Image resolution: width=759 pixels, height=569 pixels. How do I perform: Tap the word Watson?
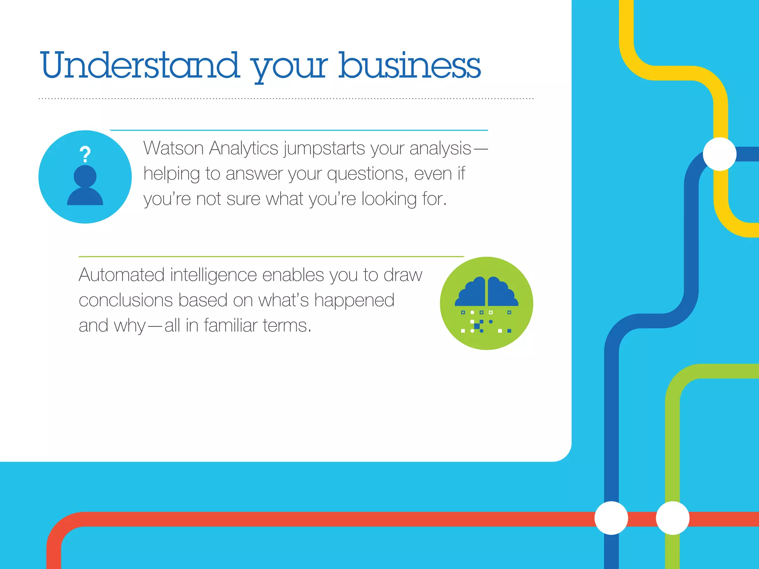pos(173,148)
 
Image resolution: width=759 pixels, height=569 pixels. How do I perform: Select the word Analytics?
pos(243,148)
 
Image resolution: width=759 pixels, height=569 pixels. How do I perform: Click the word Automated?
pos(122,275)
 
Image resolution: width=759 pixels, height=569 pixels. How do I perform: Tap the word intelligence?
pos(213,276)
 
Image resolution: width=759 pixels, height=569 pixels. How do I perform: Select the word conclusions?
pos(126,300)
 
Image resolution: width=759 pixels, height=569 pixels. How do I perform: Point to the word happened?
pos(354,301)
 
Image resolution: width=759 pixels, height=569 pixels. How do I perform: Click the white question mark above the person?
pos(85,154)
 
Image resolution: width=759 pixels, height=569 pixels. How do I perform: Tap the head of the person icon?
pos(85,176)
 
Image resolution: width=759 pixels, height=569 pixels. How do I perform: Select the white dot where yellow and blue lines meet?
pos(719,154)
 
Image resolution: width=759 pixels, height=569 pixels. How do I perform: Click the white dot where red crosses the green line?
pos(672,518)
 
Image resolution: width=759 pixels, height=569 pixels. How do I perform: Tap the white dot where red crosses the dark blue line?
pos(611,518)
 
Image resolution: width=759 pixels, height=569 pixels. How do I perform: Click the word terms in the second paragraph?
pos(286,325)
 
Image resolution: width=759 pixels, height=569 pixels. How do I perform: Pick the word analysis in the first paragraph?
pos(440,149)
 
